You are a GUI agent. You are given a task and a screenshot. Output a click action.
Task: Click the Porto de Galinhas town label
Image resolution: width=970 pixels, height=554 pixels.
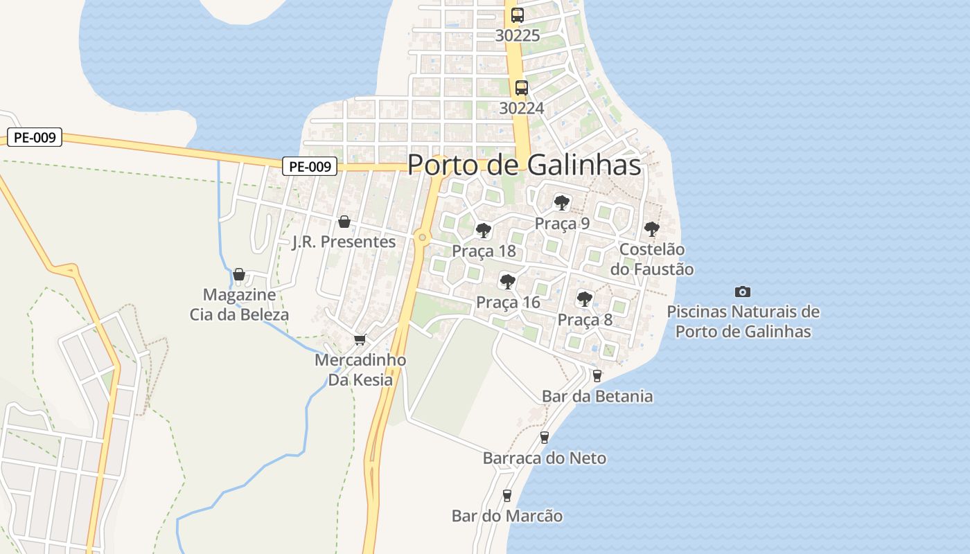coord(524,165)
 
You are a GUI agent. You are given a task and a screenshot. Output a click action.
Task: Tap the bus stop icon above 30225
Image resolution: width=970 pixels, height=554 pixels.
coord(517,15)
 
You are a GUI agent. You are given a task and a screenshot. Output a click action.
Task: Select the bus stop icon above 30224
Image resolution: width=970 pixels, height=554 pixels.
coord(521,88)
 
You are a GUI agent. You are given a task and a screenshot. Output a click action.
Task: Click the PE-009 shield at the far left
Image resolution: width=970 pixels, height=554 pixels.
coord(35,137)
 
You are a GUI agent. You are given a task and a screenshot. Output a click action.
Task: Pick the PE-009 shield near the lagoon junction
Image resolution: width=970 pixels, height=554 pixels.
coord(309,166)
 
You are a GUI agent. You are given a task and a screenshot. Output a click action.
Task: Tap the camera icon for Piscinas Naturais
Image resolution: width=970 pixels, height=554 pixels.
coord(743,292)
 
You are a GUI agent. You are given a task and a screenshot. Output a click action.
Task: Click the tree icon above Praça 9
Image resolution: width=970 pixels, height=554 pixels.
coord(562,203)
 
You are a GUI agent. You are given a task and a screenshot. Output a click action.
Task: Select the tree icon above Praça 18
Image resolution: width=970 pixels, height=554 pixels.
coord(484,231)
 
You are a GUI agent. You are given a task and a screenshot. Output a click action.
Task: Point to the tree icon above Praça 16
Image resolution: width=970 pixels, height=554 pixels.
coord(508,281)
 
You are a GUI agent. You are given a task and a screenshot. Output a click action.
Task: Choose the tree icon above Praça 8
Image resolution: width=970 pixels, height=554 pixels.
coord(585,299)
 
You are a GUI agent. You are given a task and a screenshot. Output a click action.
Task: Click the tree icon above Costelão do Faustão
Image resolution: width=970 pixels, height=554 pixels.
coord(651,229)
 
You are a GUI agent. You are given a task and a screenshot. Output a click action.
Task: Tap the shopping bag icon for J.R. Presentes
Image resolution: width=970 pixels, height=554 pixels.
coord(344,222)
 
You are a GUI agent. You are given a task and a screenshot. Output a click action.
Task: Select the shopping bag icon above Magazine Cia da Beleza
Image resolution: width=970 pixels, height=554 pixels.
coord(239,275)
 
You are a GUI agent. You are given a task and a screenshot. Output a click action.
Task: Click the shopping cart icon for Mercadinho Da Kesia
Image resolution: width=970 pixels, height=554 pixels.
coord(360,339)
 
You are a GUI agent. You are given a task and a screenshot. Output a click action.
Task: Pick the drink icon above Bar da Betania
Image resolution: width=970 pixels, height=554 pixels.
coord(597,376)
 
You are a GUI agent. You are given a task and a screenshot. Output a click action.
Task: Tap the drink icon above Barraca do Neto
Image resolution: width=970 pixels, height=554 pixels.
coord(544,438)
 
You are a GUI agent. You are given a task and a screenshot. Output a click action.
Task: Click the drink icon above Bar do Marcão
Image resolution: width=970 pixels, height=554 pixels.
coord(506,496)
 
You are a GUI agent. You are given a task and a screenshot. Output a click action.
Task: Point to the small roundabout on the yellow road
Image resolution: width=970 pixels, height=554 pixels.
coord(422,238)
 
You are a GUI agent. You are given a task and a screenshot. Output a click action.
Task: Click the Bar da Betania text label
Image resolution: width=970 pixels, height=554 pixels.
coord(597,397)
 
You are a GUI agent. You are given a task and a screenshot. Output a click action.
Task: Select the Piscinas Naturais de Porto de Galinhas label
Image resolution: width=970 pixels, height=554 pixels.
coord(743,321)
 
